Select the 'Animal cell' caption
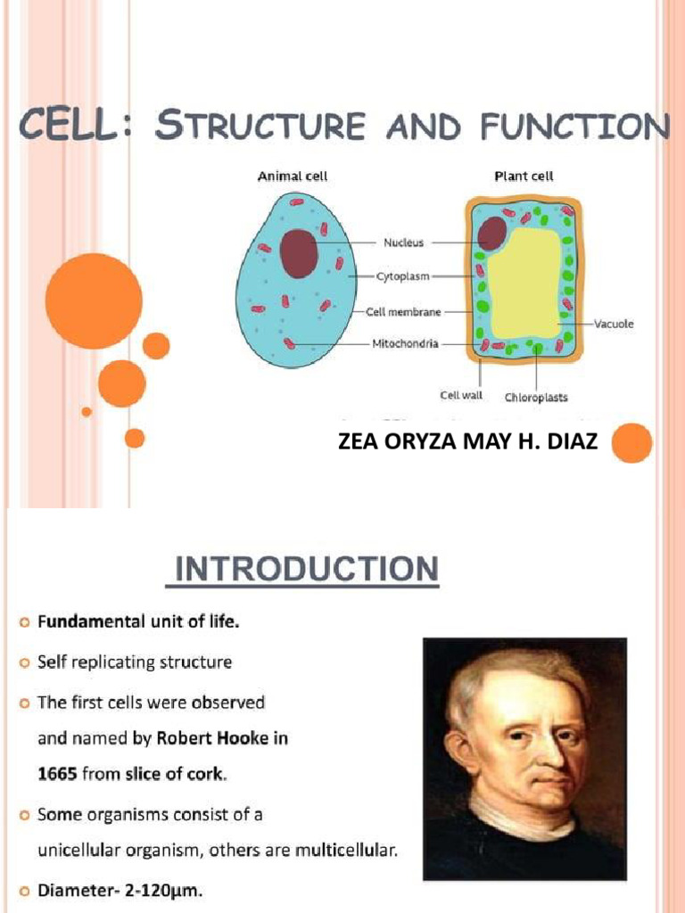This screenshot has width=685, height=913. [292, 177]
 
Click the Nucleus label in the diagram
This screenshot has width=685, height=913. [403, 243]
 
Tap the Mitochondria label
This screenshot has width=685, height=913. [405, 344]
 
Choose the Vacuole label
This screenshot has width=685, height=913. [614, 324]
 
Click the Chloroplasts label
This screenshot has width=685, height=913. [536, 398]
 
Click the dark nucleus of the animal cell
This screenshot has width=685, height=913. [299, 253]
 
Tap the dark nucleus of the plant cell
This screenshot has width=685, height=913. [491, 234]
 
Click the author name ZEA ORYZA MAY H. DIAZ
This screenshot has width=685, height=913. [468, 441]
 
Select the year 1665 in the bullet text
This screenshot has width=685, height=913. [56, 774]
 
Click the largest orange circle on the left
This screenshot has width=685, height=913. [94, 300]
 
